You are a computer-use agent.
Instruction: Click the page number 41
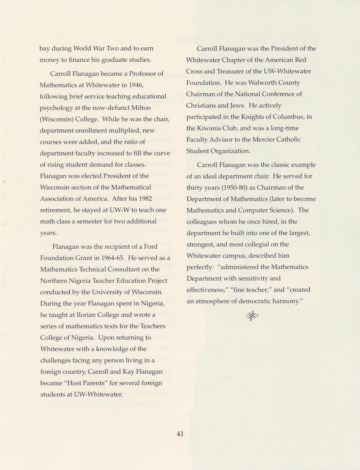[180, 434]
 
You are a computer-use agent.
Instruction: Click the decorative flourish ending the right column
[252, 316]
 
